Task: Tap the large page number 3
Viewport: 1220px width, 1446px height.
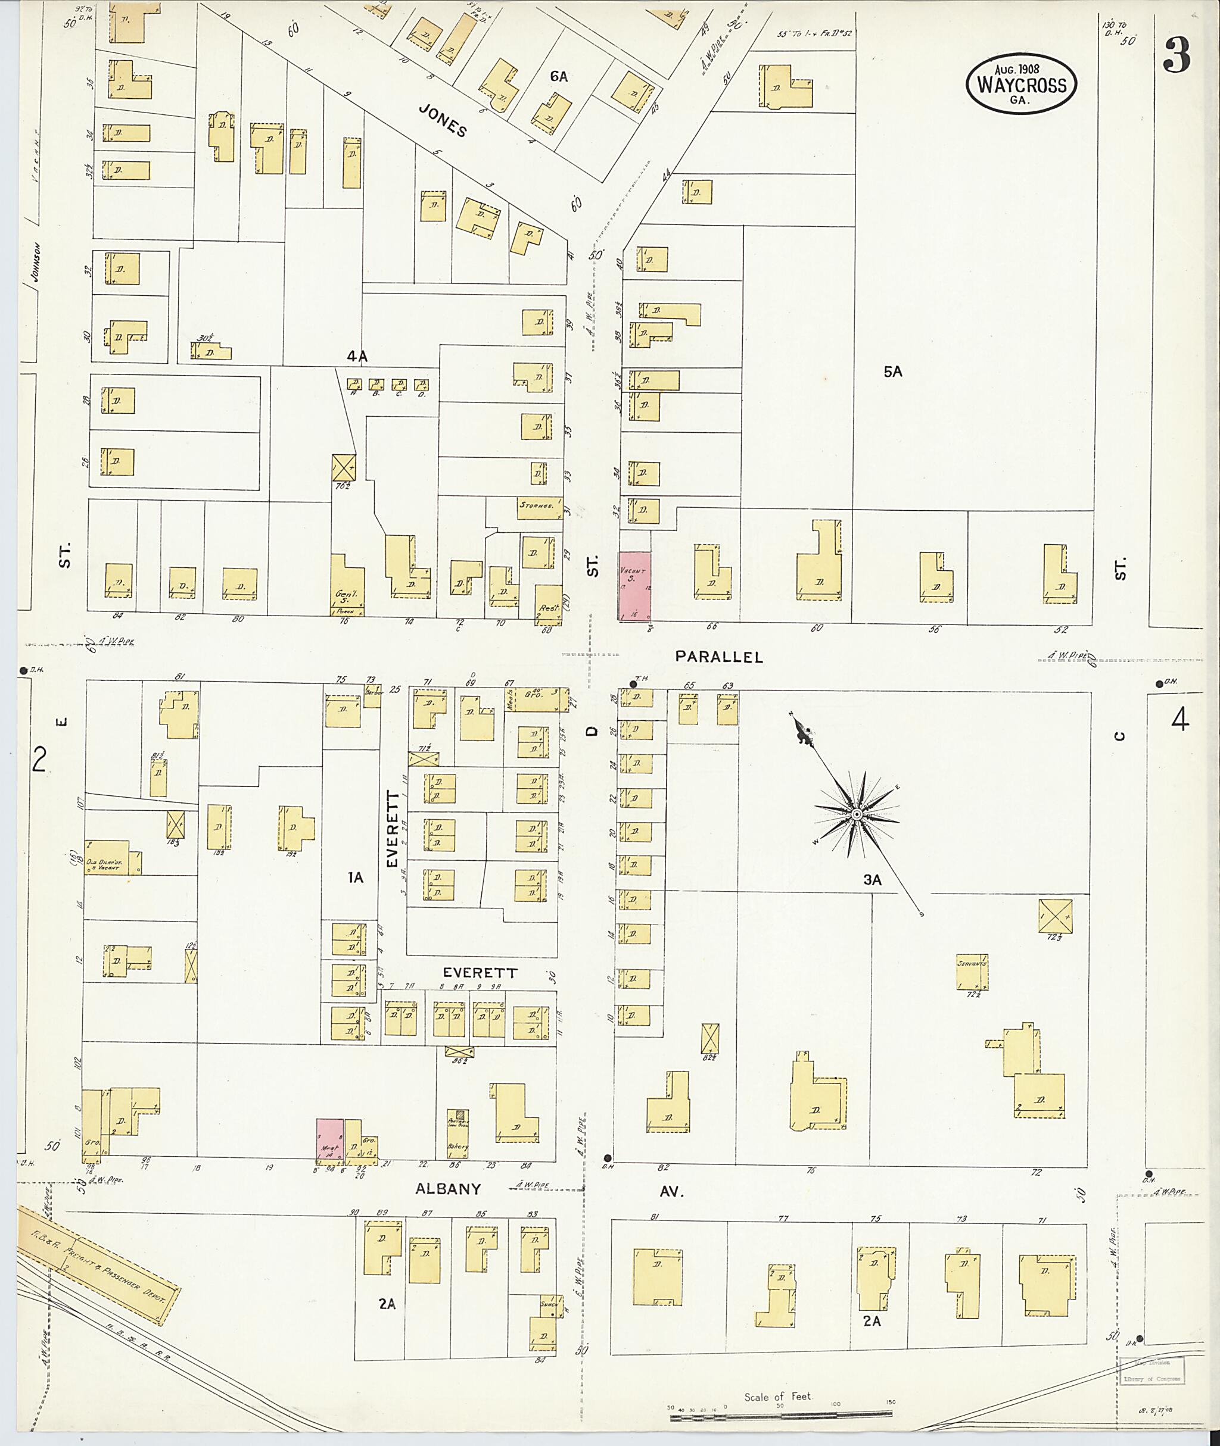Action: [x=1177, y=56]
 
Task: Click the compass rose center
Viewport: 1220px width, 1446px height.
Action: [x=856, y=816]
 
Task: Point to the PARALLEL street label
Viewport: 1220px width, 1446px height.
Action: [x=719, y=657]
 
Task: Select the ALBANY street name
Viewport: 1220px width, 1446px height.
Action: [x=447, y=1189]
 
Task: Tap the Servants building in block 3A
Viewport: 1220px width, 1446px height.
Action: [x=972, y=971]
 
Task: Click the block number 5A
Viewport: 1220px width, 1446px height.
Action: [x=893, y=372]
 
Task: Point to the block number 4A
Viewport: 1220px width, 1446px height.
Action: [x=357, y=357]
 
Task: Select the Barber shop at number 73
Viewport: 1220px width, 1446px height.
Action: [x=373, y=695]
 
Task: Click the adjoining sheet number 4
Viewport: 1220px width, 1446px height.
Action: [x=1180, y=721]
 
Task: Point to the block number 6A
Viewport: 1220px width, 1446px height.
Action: [x=559, y=77]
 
